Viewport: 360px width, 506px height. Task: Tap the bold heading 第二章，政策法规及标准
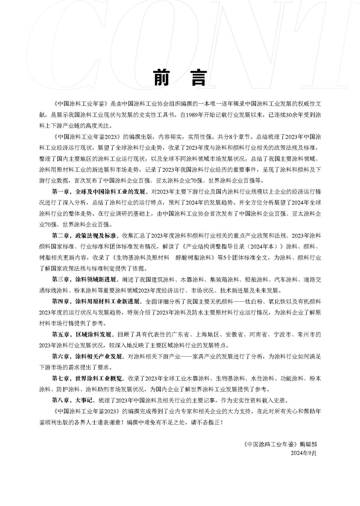(x=84, y=236)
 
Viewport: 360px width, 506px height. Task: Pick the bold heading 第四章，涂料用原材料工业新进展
(x=96, y=301)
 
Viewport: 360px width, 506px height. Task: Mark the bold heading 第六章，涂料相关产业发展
(x=87, y=356)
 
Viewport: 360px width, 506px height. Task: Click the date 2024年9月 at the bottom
(x=303, y=453)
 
